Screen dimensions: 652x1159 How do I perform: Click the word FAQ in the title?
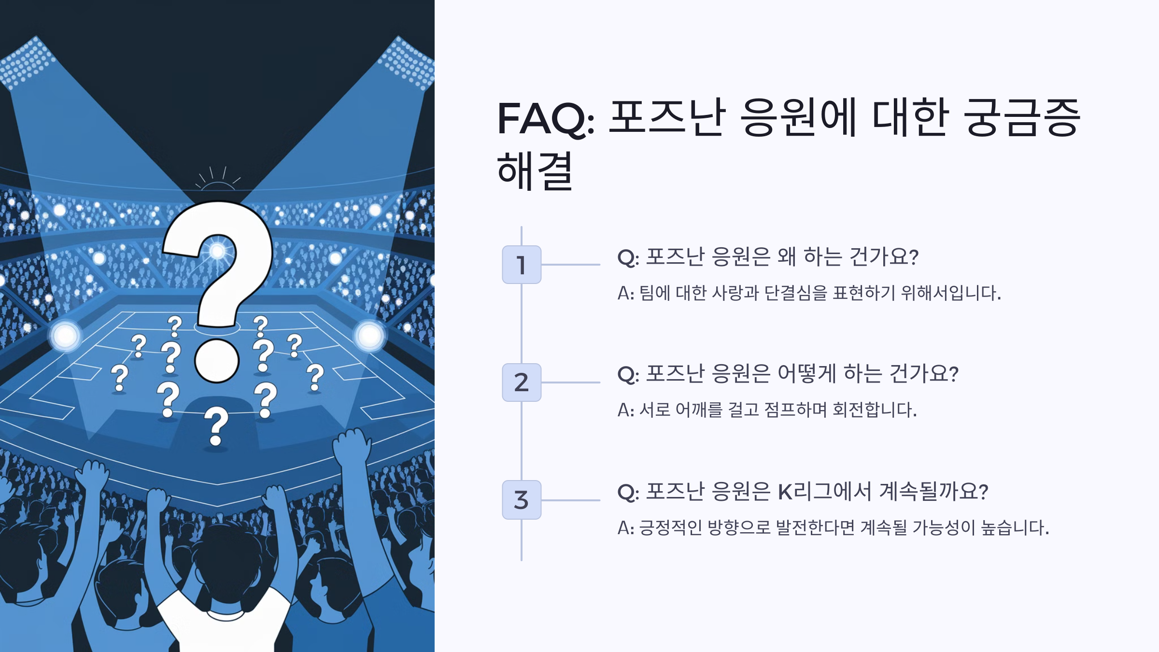545,118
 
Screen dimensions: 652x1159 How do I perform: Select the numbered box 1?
522,265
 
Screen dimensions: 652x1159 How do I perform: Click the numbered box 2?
522,382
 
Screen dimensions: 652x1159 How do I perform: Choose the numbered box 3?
522,500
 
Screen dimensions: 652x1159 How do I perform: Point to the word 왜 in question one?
786,256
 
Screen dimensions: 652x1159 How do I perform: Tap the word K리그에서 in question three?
824,492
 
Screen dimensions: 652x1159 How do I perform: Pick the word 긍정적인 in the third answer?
670,527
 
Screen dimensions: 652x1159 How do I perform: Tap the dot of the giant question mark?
217,360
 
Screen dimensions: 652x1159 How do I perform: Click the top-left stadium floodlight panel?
27,63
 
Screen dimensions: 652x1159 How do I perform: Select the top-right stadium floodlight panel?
408,63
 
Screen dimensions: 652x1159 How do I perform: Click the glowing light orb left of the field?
66,335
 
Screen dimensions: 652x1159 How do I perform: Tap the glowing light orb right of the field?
369,335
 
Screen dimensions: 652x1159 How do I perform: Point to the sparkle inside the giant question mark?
217,251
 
